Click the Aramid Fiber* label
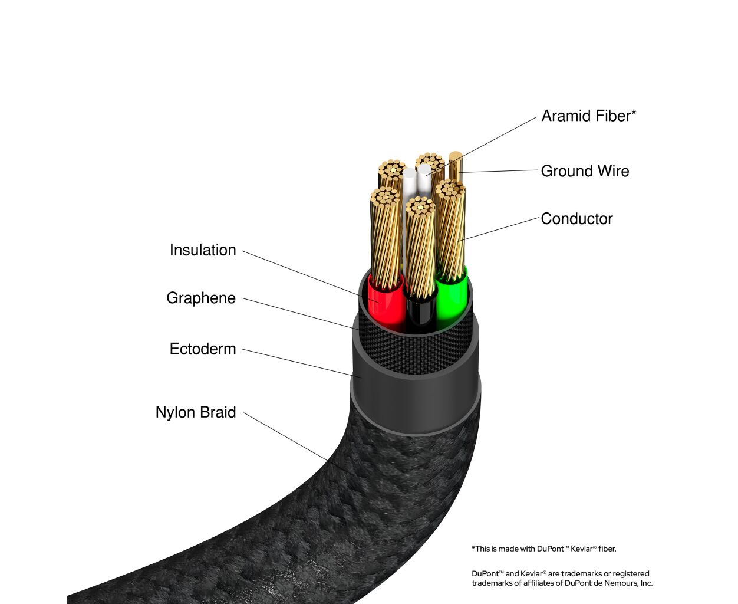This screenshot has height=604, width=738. pos(589,116)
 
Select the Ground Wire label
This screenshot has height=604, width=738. pos(585,171)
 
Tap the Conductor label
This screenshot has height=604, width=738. pos(576,219)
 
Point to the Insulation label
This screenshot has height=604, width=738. pos(203,250)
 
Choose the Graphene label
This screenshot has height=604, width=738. pos(201,298)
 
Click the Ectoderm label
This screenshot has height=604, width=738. pos(203,349)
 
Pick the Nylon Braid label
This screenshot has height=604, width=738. pos(196,412)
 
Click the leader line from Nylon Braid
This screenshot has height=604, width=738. pos(286,436)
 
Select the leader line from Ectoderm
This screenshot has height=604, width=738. pos(302,363)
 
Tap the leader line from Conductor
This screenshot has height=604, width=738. pos(498,229)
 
